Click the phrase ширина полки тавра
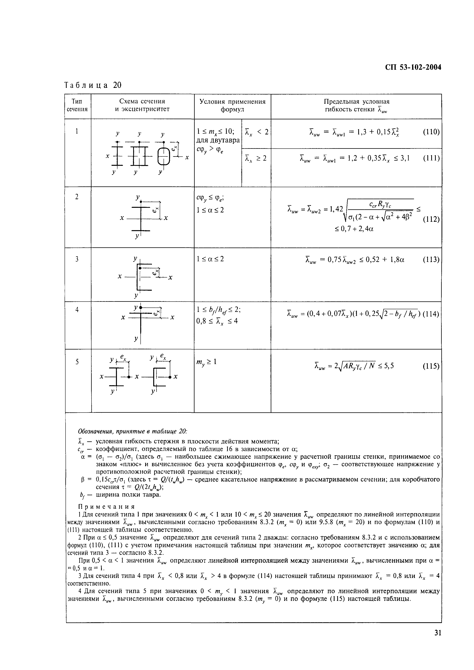point(128,495)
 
